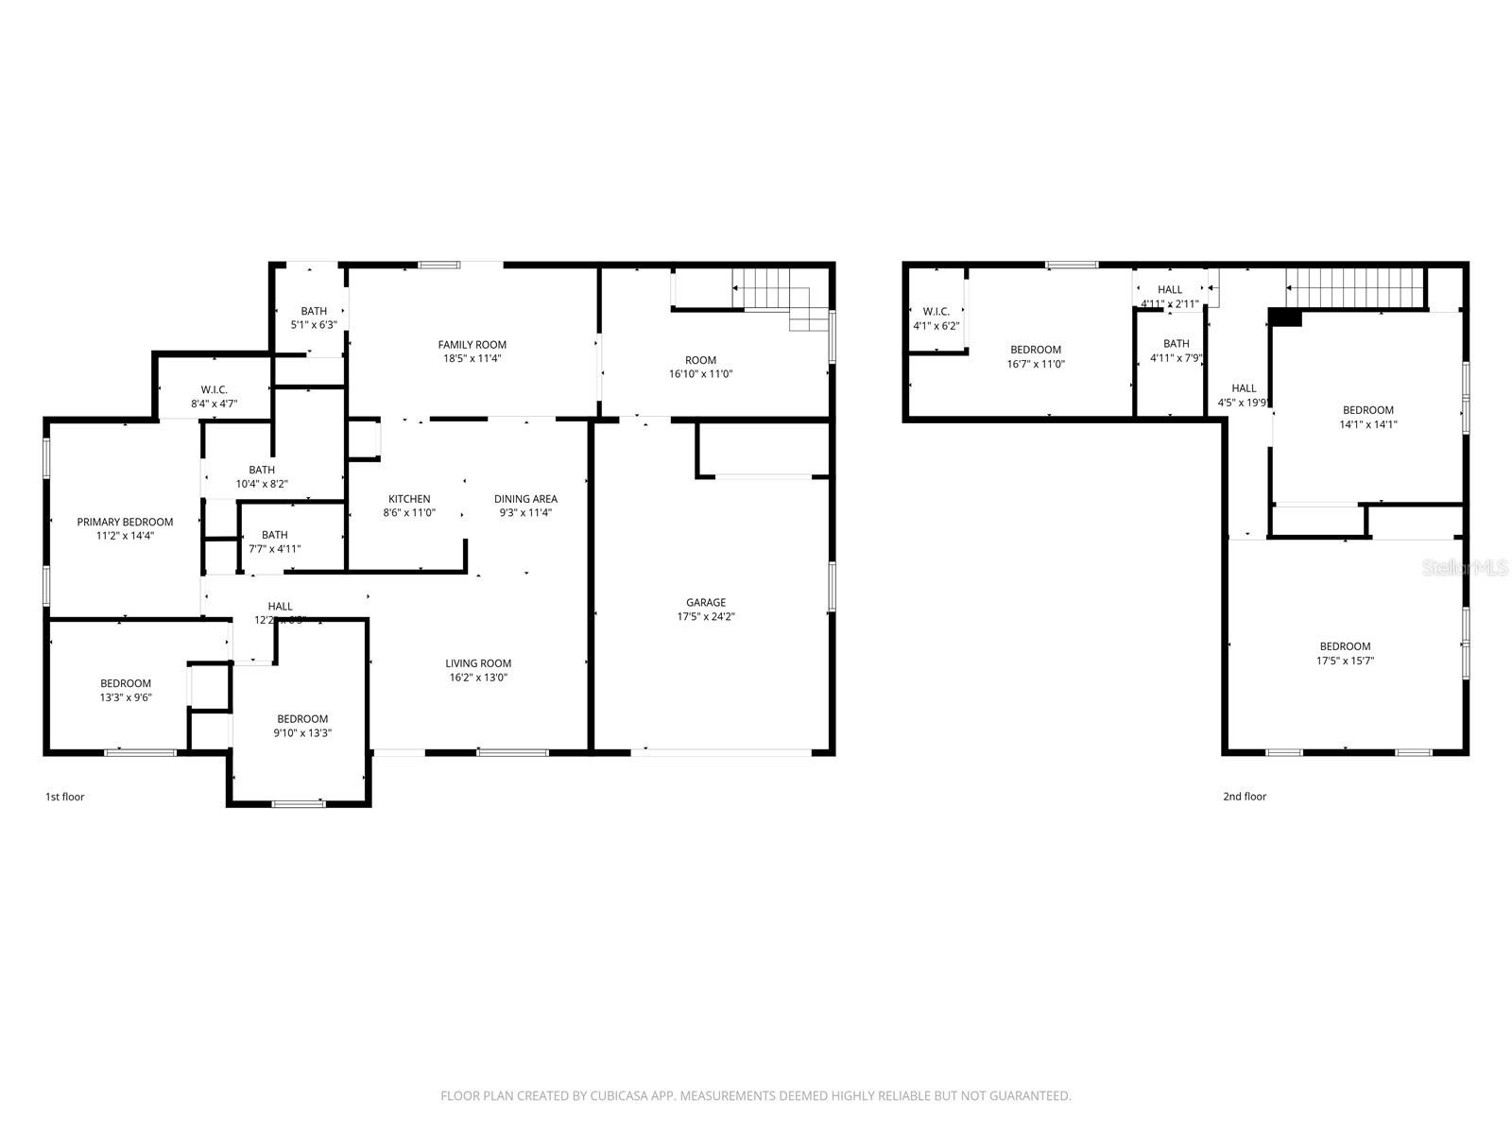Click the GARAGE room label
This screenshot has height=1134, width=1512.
coord(706,602)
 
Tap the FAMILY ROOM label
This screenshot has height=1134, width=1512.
coord(472,345)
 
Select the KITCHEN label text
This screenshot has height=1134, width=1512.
coord(409,499)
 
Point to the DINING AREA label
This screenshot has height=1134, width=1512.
coord(525,499)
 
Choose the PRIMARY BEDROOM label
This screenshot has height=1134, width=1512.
coord(125,522)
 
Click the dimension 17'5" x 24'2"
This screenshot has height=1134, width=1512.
coord(706,617)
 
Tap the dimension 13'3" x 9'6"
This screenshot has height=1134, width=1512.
coord(126,697)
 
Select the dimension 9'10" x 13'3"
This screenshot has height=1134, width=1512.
coord(302,733)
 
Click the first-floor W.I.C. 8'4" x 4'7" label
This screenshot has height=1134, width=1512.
coord(214,396)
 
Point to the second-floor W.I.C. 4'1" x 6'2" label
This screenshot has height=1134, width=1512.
coord(936,318)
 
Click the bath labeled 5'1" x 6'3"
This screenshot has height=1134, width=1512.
coord(314,318)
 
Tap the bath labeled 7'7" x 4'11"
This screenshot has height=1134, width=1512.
coord(275,541)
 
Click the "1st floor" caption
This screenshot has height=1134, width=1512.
coord(65,797)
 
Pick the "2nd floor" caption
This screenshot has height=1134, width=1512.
coord(1245,797)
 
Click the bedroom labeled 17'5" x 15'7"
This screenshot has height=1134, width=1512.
coord(1345,654)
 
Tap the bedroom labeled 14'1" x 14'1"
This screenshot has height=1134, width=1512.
coord(1367,417)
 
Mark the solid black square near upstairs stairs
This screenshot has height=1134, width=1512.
coord(1285,318)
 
